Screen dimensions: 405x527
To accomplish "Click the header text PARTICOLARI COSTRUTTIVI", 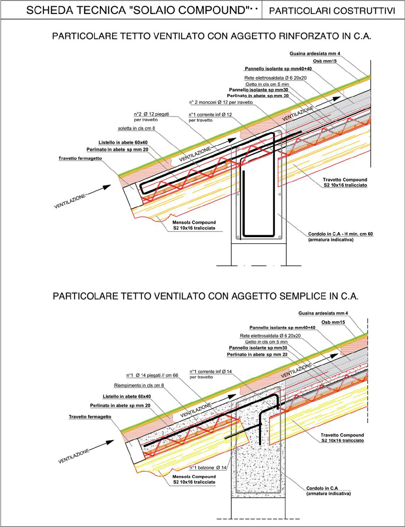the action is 332,11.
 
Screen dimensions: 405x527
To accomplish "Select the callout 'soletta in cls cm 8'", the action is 136,128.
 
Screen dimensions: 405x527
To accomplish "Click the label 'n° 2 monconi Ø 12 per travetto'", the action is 221,102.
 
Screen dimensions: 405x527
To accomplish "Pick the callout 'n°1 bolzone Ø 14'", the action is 208,467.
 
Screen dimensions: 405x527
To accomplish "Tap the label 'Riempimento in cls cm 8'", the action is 139,385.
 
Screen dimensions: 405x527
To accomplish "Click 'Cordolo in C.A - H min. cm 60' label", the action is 340,234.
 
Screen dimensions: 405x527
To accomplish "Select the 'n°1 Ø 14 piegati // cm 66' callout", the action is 152,375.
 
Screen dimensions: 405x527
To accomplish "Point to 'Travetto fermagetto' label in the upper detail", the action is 80,159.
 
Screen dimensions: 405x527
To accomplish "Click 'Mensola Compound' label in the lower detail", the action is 194,477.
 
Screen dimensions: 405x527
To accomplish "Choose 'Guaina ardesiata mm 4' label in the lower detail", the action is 323,313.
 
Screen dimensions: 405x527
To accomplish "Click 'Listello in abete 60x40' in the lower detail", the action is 127,396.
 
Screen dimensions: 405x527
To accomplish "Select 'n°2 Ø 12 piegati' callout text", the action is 151,114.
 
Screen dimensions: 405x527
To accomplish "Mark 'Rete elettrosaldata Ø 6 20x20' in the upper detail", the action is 275,78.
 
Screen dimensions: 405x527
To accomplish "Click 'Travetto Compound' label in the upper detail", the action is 345,180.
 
